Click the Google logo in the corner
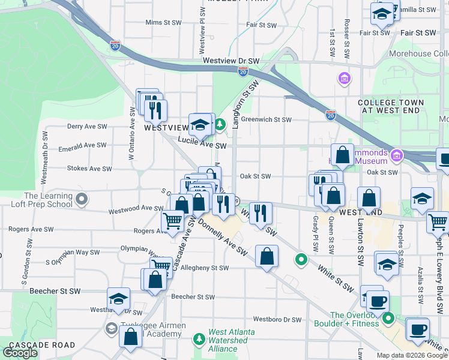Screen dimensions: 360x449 click(x=20, y=353)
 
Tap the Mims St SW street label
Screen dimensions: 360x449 click(x=163, y=22)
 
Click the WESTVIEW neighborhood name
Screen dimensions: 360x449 click(x=166, y=128)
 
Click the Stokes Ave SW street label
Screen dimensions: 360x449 click(x=89, y=169)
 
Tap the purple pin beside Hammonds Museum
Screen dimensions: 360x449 click(x=396, y=157)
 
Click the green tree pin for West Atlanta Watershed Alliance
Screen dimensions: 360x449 click(x=199, y=340)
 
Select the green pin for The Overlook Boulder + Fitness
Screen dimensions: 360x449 click(x=388, y=317)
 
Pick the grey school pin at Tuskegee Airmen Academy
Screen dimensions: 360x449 click(x=111, y=328)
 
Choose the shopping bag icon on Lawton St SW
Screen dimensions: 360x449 click(x=369, y=197)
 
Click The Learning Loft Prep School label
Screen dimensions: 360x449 click(x=48, y=200)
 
